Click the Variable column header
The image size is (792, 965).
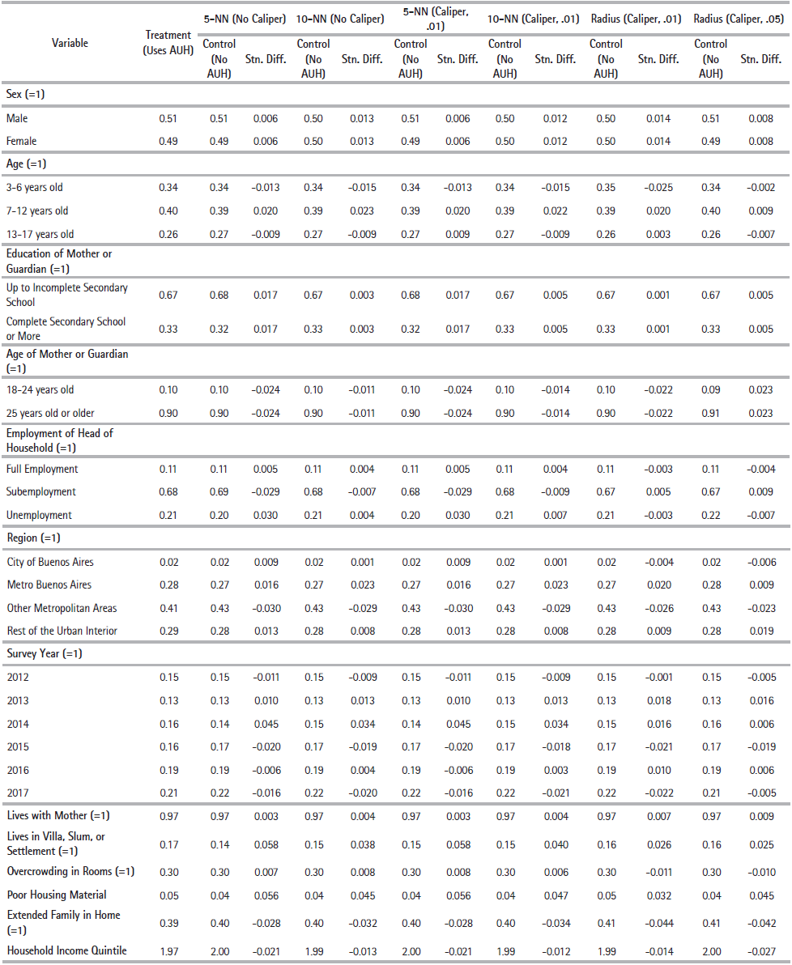click(70, 43)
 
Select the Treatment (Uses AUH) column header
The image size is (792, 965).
click(168, 42)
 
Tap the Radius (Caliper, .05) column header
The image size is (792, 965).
click(739, 19)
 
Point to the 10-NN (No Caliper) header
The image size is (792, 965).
click(340, 19)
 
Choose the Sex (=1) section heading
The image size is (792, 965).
click(26, 95)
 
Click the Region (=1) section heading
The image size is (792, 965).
click(33, 538)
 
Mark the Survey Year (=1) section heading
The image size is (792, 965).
click(44, 653)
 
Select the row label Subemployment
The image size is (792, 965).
click(41, 491)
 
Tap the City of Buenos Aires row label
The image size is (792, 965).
click(50, 562)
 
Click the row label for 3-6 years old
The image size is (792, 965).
click(35, 187)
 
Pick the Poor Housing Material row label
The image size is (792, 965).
click(57, 895)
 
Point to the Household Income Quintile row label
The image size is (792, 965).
click(67, 950)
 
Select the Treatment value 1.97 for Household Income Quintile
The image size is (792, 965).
click(168, 950)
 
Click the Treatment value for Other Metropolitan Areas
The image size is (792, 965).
click(168, 608)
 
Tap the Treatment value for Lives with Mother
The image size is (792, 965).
click(168, 815)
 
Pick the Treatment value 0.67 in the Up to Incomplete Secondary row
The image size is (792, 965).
click(168, 295)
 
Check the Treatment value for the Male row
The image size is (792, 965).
click(168, 118)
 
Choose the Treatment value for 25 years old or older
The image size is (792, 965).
click(168, 413)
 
